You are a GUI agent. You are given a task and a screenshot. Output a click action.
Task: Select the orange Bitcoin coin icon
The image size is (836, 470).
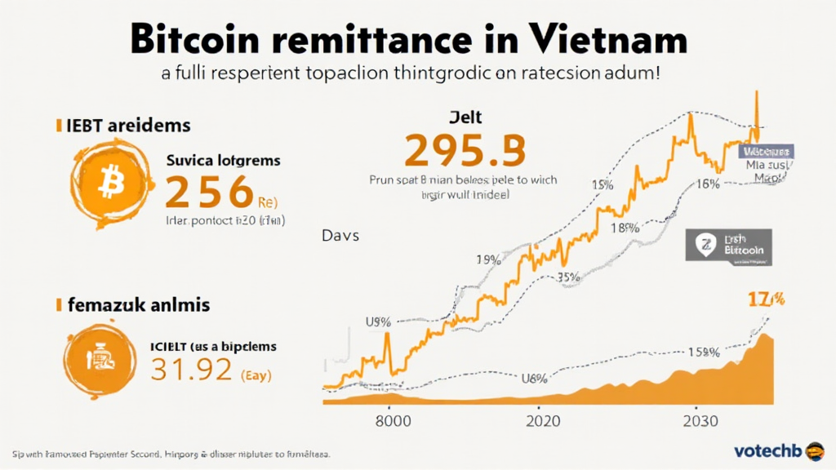(x=106, y=185)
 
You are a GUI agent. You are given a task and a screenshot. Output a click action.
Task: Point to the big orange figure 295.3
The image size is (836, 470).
(x=465, y=150)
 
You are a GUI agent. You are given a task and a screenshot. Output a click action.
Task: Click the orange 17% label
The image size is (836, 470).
(x=766, y=299)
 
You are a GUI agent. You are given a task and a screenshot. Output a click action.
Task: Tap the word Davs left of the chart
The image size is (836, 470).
(x=340, y=235)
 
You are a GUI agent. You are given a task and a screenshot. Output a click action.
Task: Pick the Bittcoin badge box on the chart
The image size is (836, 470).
(x=728, y=245)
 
